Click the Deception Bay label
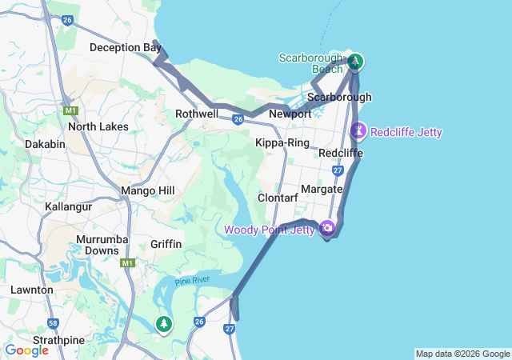pos(126,48)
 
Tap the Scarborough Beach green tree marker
pos(355,61)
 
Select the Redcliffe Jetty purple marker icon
pos(359,130)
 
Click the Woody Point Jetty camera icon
pos(326,229)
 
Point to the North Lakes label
pos(98,126)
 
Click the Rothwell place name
pos(197,114)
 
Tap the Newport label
pos(290,114)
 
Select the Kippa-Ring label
pos(282,143)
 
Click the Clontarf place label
pos(278,198)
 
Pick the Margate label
pos(322,190)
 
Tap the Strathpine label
pos(58,340)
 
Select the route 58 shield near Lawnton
pos(53,323)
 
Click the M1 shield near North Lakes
pos(70,110)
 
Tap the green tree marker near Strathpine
pos(164,324)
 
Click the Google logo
pos(26,350)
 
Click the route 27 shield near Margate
pos(338,170)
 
